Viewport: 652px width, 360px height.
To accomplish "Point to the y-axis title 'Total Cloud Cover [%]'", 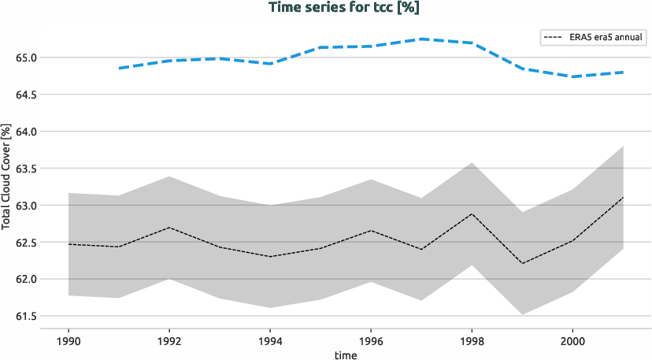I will pos(6,176).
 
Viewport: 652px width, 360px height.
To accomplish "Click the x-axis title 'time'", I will pos(346,355).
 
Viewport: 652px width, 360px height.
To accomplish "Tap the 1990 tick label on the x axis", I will pos(69,342).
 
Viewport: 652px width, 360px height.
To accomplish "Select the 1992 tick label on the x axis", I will pos(169,342).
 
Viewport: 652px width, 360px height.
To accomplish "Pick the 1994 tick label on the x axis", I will pos(270,342).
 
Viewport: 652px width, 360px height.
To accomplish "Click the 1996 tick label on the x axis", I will pos(371,342).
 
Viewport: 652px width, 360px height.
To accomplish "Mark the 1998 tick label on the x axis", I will pos(472,342).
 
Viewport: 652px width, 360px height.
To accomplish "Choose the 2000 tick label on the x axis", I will pos(572,342).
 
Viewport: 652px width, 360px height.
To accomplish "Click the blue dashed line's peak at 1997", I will pos(421,39).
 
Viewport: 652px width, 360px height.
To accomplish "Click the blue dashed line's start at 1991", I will pos(119,69).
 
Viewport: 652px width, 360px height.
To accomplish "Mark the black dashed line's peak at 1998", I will pos(472,213).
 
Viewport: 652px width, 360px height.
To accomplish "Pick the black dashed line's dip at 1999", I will pos(522,263).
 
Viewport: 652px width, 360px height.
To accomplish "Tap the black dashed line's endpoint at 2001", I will pos(623,197).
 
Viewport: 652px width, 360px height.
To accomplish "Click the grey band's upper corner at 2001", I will pos(623,146).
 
